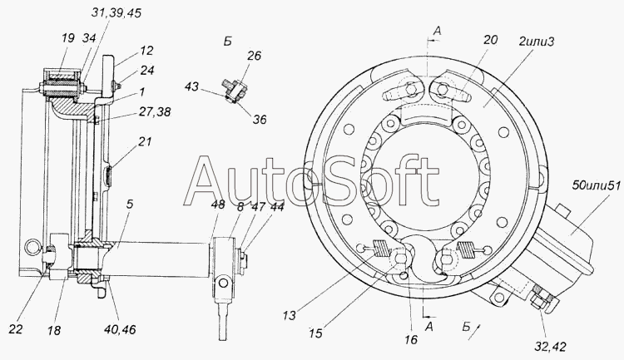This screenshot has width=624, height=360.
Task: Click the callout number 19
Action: (68, 38)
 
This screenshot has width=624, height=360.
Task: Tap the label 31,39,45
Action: (116, 12)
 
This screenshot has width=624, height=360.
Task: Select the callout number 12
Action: (146, 51)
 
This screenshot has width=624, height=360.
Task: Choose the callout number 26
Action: (254, 56)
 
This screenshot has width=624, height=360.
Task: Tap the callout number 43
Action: (192, 86)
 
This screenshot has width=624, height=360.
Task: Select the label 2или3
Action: (536, 41)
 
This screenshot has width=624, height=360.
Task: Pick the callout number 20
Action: (490, 40)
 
